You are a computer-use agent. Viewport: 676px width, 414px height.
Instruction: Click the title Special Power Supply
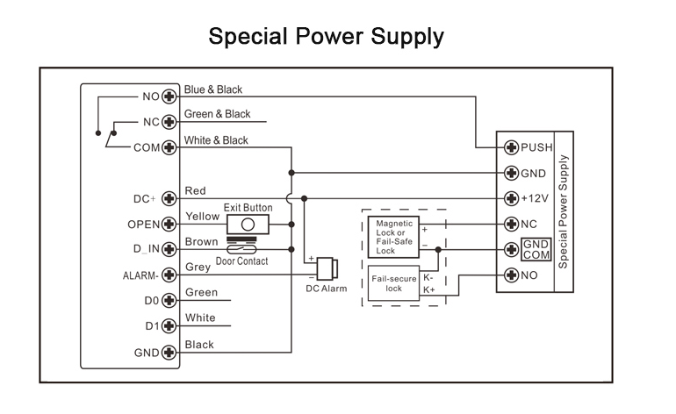(x=326, y=37)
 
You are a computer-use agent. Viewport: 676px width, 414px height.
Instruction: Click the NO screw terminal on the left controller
(x=169, y=96)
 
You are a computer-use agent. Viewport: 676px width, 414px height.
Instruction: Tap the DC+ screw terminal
(x=169, y=198)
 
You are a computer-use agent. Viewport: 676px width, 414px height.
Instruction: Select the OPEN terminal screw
(x=169, y=224)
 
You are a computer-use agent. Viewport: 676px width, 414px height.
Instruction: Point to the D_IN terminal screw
(x=169, y=249)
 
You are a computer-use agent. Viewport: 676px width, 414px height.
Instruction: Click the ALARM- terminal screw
(x=169, y=275)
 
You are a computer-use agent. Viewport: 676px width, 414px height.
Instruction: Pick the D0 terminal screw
(x=169, y=301)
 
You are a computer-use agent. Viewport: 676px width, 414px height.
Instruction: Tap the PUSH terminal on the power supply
(x=512, y=147)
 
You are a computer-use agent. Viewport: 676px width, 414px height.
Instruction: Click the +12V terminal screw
(x=512, y=198)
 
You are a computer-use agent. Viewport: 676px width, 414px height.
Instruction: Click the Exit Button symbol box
(x=248, y=225)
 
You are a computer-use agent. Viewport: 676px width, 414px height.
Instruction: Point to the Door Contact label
(x=241, y=261)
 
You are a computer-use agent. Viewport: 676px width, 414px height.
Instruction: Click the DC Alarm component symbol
(x=329, y=268)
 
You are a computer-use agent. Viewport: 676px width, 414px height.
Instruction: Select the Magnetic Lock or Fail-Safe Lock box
(x=393, y=237)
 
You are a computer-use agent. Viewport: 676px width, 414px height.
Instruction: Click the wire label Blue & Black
(x=213, y=89)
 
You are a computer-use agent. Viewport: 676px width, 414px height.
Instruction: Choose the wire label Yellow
(x=203, y=217)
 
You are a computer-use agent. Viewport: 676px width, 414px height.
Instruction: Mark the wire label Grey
(x=198, y=268)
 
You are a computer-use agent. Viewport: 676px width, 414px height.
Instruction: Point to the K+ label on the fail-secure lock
(x=429, y=289)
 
